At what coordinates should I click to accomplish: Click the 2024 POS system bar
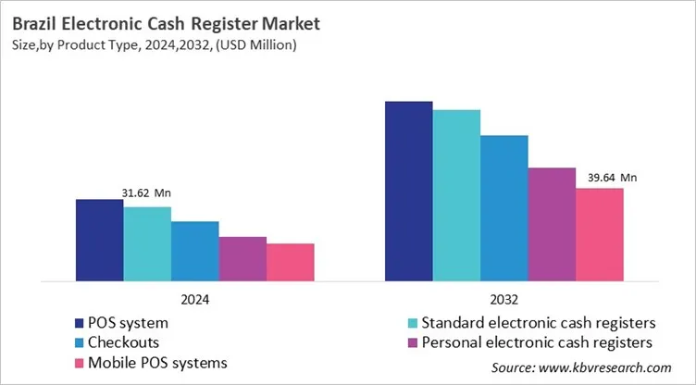[x=99, y=240]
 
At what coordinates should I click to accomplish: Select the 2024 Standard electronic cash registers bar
[x=147, y=243]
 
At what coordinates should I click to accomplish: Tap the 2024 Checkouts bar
[x=195, y=251]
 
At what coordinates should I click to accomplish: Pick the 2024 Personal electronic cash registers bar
[x=242, y=258]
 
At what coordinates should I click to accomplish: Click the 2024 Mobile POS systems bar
[x=291, y=262]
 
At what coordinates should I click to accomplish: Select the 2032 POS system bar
[x=409, y=191]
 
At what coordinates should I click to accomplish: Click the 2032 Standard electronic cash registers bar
[x=457, y=195]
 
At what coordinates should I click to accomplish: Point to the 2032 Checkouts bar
[x=504, y=208]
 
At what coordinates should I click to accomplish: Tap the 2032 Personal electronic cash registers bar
[x=552, y=224]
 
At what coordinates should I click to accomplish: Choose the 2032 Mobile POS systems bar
[x=600, y=234]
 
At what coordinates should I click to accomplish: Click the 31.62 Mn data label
[x=146, y=193]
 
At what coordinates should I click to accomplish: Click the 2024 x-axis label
[x=194, y=300]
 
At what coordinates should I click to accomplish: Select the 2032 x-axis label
[x=504, y=300]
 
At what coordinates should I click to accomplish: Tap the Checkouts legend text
[x=120, y=342]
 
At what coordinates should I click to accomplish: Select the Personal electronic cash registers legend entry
[x=528, y=342]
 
